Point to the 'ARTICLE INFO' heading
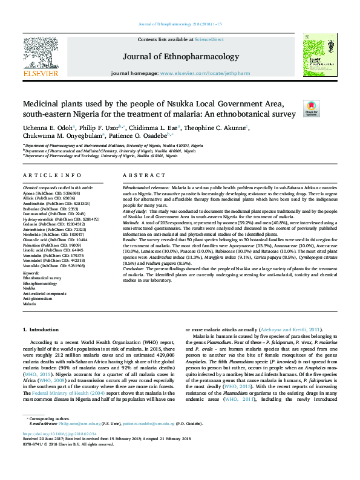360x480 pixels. point(43,175)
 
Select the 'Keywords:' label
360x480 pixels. point(32,273)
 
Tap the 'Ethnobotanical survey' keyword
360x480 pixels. point(42,278)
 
